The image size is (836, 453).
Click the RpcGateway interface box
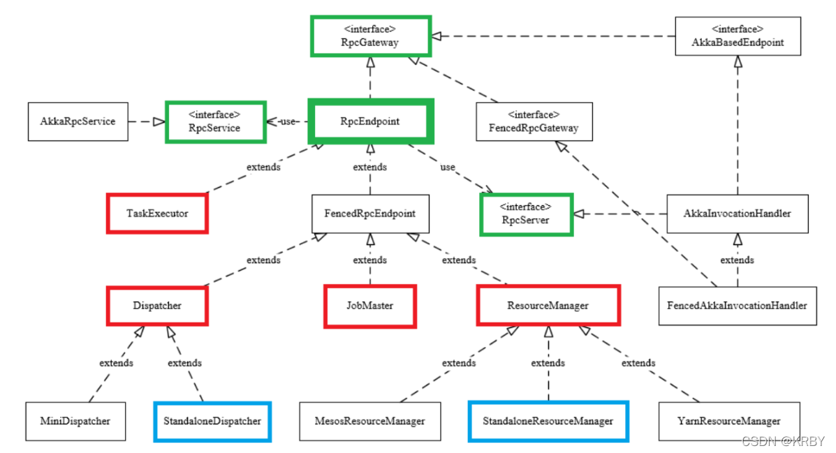[369, 36]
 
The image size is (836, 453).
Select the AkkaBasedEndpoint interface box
[738, 36]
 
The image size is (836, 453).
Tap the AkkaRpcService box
[78, 121]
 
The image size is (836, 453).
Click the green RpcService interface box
[215, 121]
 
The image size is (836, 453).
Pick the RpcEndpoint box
[370, 121]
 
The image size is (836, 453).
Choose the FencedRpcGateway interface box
[534, 122]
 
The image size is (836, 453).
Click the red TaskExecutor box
[157, 213]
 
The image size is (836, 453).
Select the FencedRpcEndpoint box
[370, 214]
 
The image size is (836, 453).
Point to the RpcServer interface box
[527, 214]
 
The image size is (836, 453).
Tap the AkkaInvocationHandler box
[738, 214]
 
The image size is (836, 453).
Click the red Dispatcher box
[157, 306]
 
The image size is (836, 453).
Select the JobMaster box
[370, 306]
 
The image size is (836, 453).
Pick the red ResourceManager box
[548, 306]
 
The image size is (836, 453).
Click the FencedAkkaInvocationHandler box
[738, 306]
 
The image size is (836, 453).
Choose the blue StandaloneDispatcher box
[212, 421]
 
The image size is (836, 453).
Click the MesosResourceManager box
[370, 421]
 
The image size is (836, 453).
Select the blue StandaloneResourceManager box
[548, 421]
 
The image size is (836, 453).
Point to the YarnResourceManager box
[729, 421]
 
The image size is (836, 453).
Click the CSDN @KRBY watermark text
[783, 441]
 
